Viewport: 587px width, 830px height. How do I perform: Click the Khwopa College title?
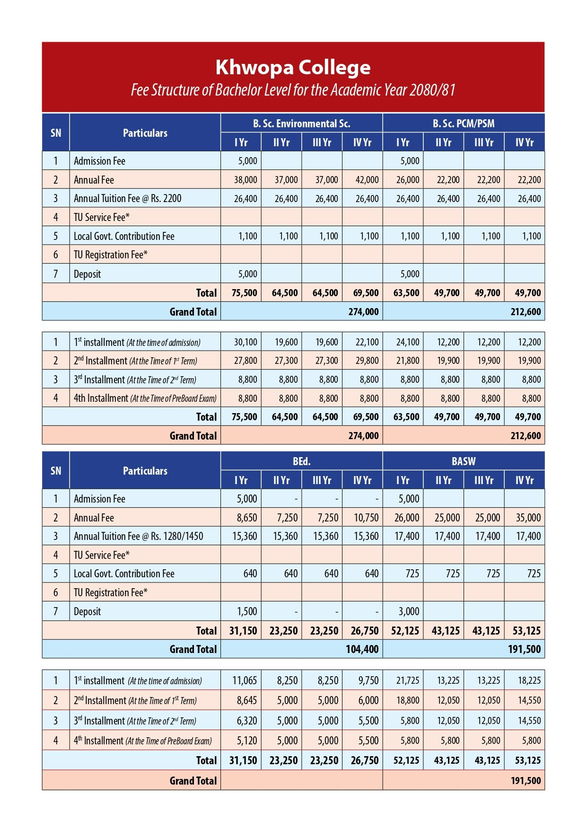pyautogui.click(x=293, y=68)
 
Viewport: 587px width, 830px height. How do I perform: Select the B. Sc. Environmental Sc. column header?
pyautogui.click(x=301, y=124)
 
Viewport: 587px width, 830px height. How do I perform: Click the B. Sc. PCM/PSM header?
pyautogui.click(x=464, y=124)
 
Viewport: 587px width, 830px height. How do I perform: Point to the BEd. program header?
pyautogui.click(x=301, y=461)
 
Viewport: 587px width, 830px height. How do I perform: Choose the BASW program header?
pyautogui.click(x=464, y=461)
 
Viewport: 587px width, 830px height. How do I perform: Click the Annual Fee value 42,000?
pyautogui.click(x=367, y=180)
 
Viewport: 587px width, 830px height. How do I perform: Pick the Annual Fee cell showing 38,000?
pyautogui.click(x=245, y=180)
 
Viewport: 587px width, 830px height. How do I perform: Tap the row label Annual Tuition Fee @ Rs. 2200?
pyautogui.click(x=128, y=199)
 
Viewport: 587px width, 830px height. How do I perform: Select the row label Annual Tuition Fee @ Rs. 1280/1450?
pyautogui.click(x=138, y=536)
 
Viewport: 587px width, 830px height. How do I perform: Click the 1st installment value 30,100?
pyautogui.click(x=245, y=342)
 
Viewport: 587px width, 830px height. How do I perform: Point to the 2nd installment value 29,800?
pyautogui.click(x=367, y=361)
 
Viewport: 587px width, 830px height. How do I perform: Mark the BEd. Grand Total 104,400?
pyautogui.click(x=362, y=649)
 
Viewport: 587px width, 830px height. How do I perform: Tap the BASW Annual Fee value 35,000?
pyautogui.click(x=528, y=518)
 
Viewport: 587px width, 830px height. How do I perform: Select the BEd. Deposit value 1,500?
pyautogui.click(x=247, y=611)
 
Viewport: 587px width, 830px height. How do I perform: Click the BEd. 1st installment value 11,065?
pyautogui.click(x=245, y=681)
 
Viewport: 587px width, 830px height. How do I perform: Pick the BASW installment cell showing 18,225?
pyautogui.click(x=529, y=681)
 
